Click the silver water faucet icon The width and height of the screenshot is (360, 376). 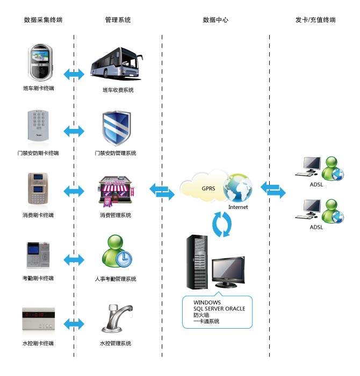click(117, 319)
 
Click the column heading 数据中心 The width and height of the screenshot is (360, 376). click(215, 20)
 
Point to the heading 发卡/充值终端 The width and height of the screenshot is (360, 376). click(315, 20)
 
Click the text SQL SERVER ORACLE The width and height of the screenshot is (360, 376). click(219, 309)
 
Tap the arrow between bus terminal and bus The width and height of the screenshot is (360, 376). click(74, 73)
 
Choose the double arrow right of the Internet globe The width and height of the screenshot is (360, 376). click(273, 189)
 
